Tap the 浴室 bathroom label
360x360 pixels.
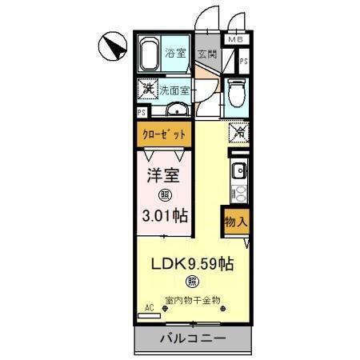176,54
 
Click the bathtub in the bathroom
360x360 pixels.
150,54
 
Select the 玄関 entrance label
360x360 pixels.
206,55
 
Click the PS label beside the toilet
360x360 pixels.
244,61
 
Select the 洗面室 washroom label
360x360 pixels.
174,90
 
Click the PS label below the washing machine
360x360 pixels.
142,112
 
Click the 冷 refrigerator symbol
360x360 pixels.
238,132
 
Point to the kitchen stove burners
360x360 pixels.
238,192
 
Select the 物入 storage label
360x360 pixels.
234,220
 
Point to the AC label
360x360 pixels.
150,306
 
